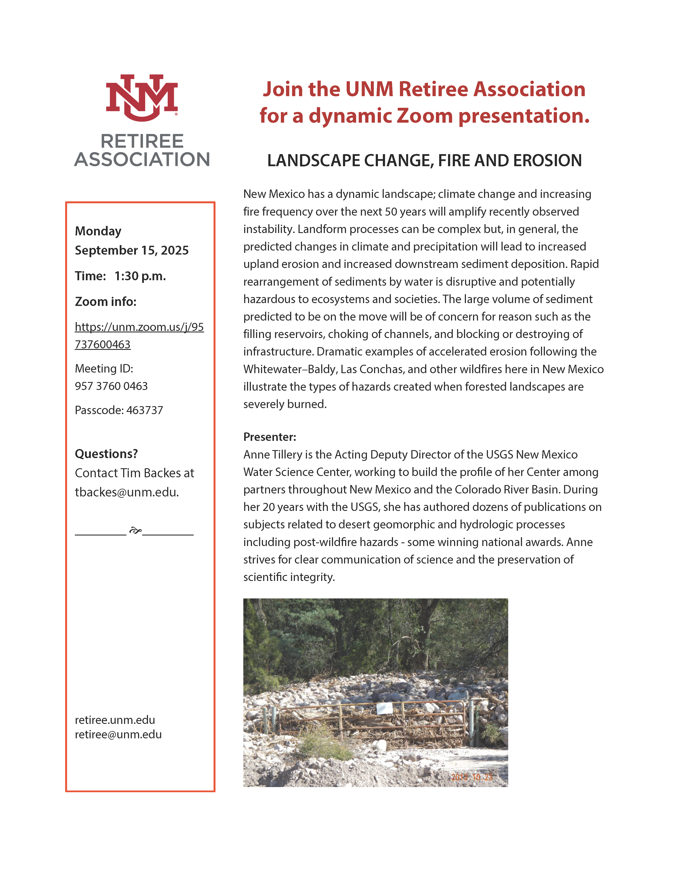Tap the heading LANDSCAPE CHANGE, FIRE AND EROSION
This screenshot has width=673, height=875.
(x=424, y=161)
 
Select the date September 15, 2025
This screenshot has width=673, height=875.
(x=132, y=250)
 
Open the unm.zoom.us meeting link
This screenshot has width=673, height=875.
(x=139, y=335)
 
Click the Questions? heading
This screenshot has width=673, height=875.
(x=106, y=454)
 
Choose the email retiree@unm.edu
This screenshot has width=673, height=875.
(x=118, y=734)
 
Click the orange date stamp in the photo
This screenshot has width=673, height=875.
(x=472, y=777)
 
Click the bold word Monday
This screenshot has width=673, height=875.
(x=98, y=231)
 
